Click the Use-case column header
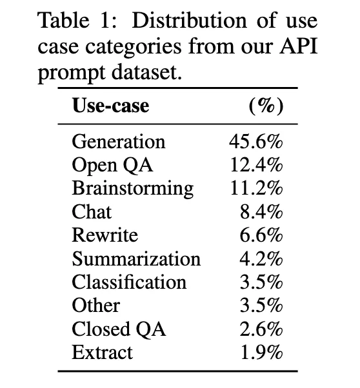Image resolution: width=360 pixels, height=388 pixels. (110, 106)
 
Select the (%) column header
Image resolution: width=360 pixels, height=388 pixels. (265, 106)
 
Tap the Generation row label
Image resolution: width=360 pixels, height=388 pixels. (119, 141)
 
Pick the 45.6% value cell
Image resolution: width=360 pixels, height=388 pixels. (256, 141)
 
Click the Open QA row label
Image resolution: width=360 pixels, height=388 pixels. (112, 165)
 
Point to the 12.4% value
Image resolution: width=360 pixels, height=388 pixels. (256, 165)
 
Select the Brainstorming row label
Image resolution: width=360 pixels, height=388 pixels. (132, 188)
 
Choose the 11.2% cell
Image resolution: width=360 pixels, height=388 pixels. (256, 188)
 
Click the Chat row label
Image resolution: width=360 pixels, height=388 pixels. (92, 211)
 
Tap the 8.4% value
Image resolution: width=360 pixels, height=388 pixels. (261, 211)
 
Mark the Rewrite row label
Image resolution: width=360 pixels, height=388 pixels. (105, 235)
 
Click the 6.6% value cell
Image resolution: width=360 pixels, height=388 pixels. (261, 235)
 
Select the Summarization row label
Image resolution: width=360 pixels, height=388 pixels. (136, 258)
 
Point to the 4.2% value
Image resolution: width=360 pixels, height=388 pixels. (261, 258)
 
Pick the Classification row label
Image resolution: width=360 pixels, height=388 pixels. (129, 282)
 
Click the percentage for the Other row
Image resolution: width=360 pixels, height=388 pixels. (261, 306)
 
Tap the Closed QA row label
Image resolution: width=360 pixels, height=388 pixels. (119, 329)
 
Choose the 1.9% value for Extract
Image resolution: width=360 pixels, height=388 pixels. (261, 353)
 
